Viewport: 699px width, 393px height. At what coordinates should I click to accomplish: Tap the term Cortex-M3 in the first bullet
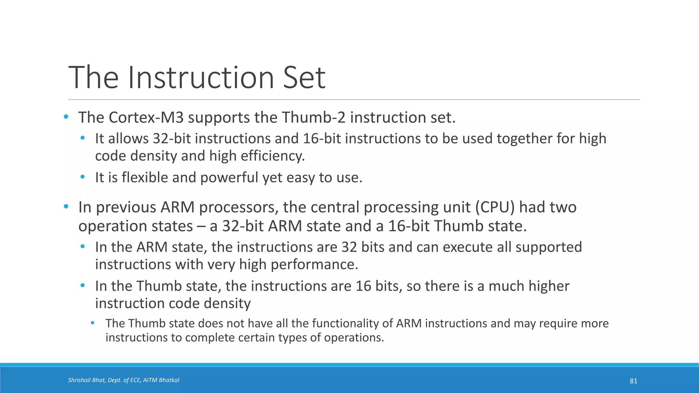[146, 118]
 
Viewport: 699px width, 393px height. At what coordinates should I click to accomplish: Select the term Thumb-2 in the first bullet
[313, 118]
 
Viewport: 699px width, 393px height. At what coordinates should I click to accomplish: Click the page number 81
[633, 381]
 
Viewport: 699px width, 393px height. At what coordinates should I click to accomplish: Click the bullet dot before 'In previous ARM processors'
[66, 207]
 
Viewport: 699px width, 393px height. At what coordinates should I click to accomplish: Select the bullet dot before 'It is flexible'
[82, 177]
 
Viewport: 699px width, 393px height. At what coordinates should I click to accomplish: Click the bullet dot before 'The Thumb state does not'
[92, 323]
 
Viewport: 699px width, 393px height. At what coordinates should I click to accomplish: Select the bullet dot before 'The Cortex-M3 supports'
[66, 117]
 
